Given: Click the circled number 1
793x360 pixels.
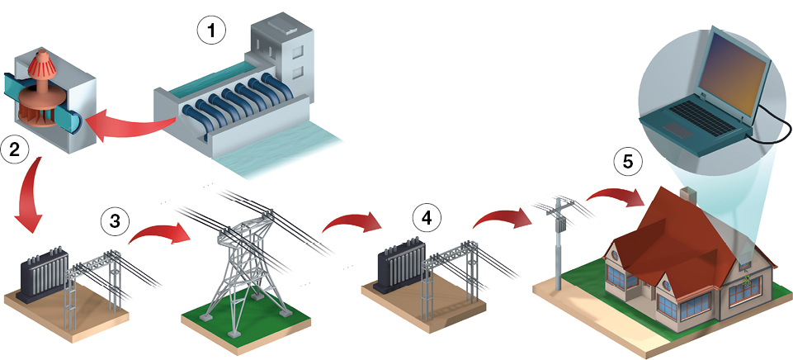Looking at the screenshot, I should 211,32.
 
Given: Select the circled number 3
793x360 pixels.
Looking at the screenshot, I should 115,220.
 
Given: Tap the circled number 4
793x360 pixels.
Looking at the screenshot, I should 426,219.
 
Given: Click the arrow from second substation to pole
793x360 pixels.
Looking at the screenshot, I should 500,216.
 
